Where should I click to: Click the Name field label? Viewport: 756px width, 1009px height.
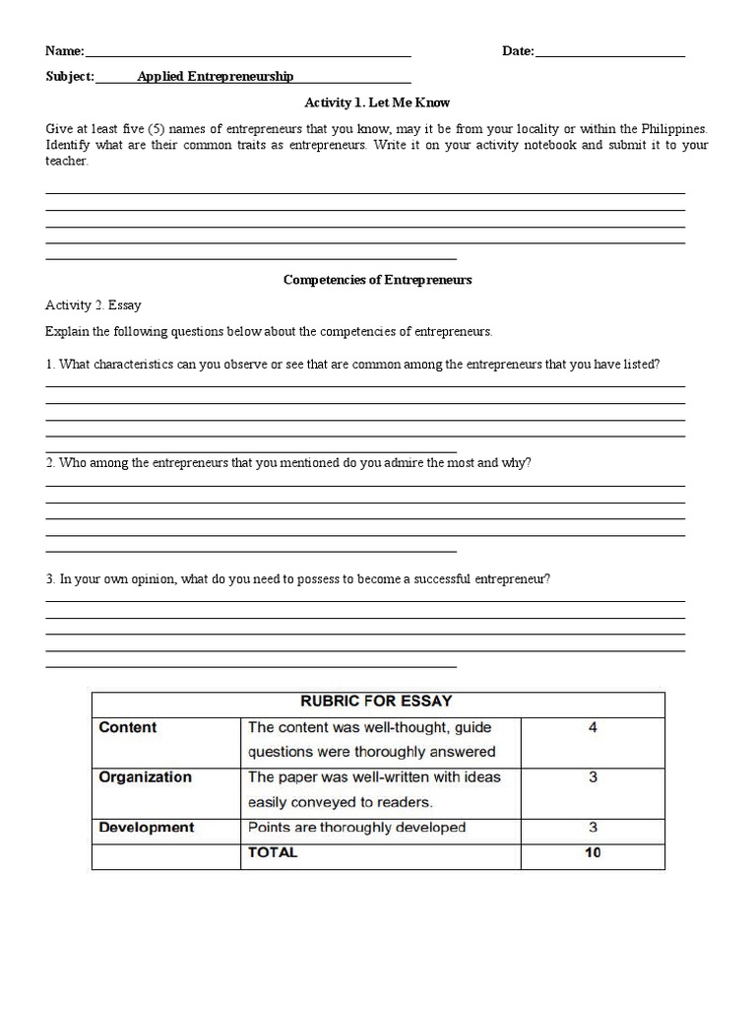tap(65, 51)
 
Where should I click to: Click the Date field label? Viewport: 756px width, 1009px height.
tap(518, 51)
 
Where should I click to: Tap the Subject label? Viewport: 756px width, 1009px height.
tap(70, 77)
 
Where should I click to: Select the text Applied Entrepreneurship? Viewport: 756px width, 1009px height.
tap(215, 77)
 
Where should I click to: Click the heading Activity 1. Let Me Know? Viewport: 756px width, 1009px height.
tap(377, 102)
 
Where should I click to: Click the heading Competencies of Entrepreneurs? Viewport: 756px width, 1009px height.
tap(377, 280)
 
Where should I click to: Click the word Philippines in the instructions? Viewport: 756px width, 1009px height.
tap(674, 129)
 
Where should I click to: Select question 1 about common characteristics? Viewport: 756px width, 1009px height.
tap(352, 365)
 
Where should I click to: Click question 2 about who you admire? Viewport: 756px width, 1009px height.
tap(288, 462)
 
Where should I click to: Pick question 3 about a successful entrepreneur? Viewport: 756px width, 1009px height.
tap(298, 579)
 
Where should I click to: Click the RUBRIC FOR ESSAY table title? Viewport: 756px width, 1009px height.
tap(377, 702)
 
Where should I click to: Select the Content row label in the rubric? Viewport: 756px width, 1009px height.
tap(128, 728)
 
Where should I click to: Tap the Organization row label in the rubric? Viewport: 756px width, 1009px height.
tap(146, 777)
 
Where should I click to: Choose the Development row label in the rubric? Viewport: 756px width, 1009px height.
tap(147, 828)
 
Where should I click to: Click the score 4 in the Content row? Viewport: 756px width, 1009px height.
tap(593, 728)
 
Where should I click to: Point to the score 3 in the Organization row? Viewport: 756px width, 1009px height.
tap(593, 777)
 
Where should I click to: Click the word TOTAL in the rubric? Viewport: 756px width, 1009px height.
tap(273, 852)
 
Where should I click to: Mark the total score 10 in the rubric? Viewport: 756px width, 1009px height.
tap(593, 852)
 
